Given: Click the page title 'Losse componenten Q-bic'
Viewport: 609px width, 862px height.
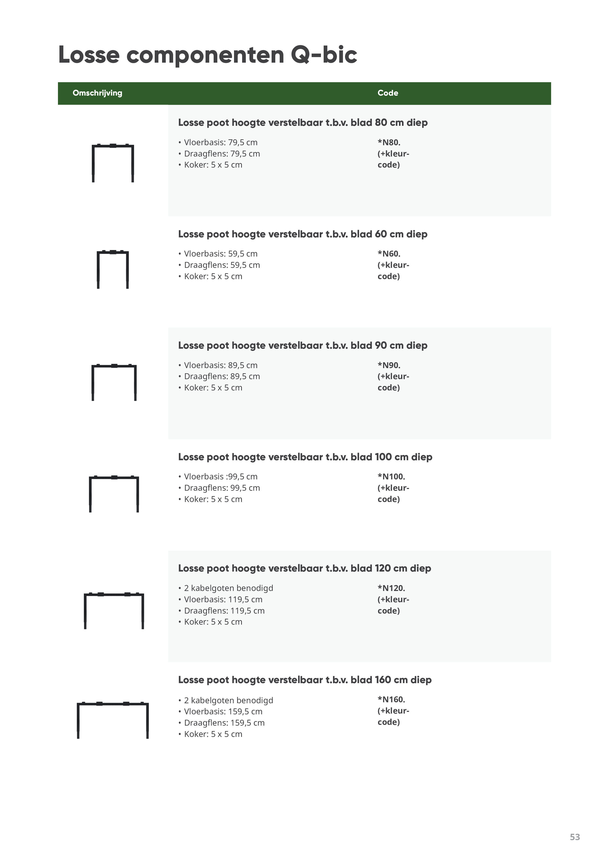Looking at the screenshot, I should [208, 55].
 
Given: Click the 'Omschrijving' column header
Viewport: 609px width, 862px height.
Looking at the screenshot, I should [97, 93].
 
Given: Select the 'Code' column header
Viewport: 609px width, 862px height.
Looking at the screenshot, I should [388, 93].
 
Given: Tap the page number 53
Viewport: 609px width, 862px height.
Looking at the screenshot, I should [574, 837].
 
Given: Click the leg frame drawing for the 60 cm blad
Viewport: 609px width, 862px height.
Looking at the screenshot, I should [112, 269].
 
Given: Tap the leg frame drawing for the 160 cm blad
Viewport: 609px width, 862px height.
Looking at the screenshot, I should [112, 719].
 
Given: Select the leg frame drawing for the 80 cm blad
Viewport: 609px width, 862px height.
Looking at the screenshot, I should [112, 163].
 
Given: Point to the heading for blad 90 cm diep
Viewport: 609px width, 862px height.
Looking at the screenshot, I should [303, 345].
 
